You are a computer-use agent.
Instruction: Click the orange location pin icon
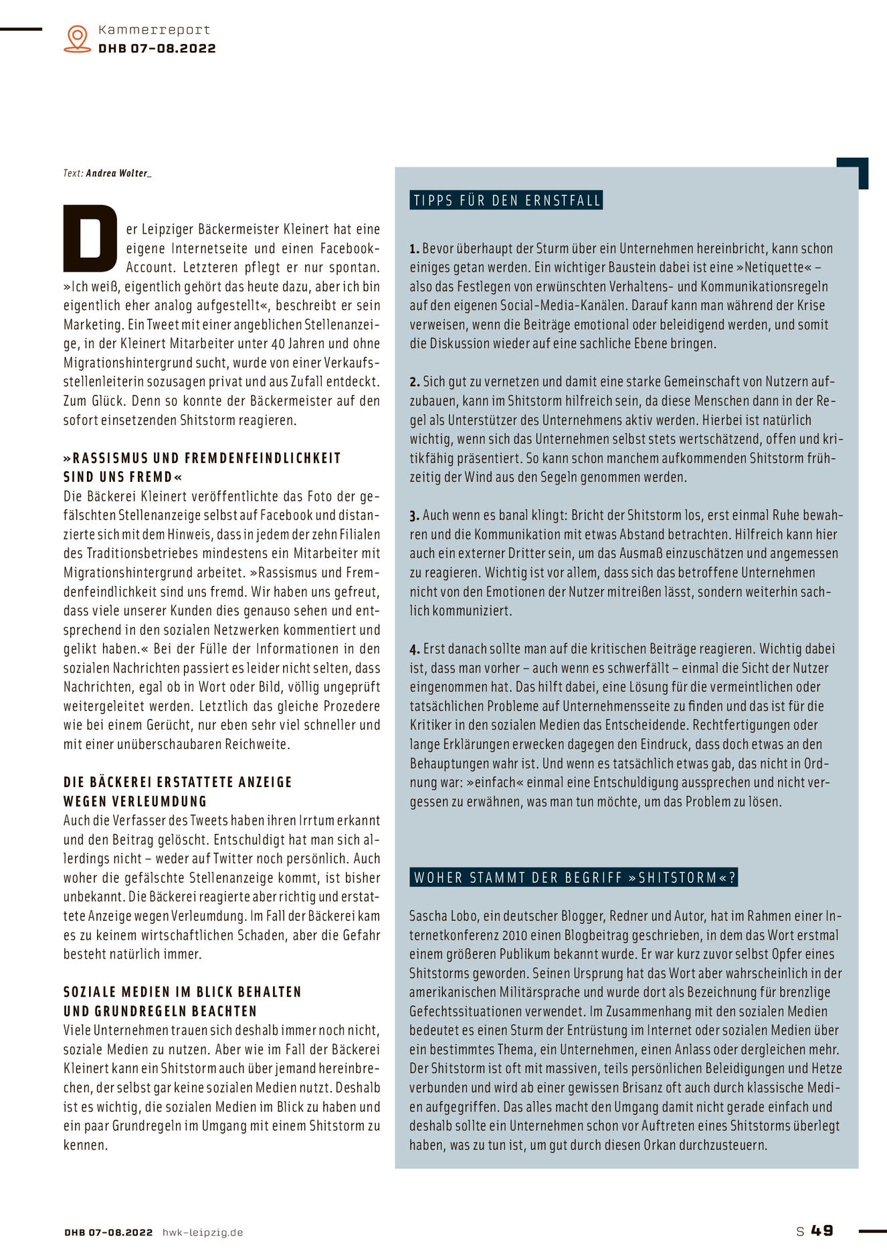click(78, 39)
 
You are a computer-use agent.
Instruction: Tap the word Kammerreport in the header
click(154, 30)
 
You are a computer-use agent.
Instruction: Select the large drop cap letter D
click(90, 239)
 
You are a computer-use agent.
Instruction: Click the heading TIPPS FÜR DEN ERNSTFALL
click(506, 201)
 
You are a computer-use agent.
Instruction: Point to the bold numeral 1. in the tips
click(415, 249)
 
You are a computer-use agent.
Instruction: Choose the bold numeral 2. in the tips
click(415, 382)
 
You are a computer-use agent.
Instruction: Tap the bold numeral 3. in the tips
click(415, 516)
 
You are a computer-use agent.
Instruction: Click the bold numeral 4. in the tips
click(415, 649)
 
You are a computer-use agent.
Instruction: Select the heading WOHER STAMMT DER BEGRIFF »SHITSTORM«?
click(574, 877)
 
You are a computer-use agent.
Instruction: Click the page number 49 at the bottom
click(822, 1230)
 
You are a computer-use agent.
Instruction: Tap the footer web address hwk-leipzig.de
click(203, 1232)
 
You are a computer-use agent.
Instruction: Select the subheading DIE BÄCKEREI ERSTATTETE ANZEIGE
click(178, 782)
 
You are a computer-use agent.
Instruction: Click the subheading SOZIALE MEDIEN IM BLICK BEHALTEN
click(183, 992)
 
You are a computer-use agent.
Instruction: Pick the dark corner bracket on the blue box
click(856, 170)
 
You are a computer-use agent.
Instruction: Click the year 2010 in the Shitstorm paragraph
click(508, 936)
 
